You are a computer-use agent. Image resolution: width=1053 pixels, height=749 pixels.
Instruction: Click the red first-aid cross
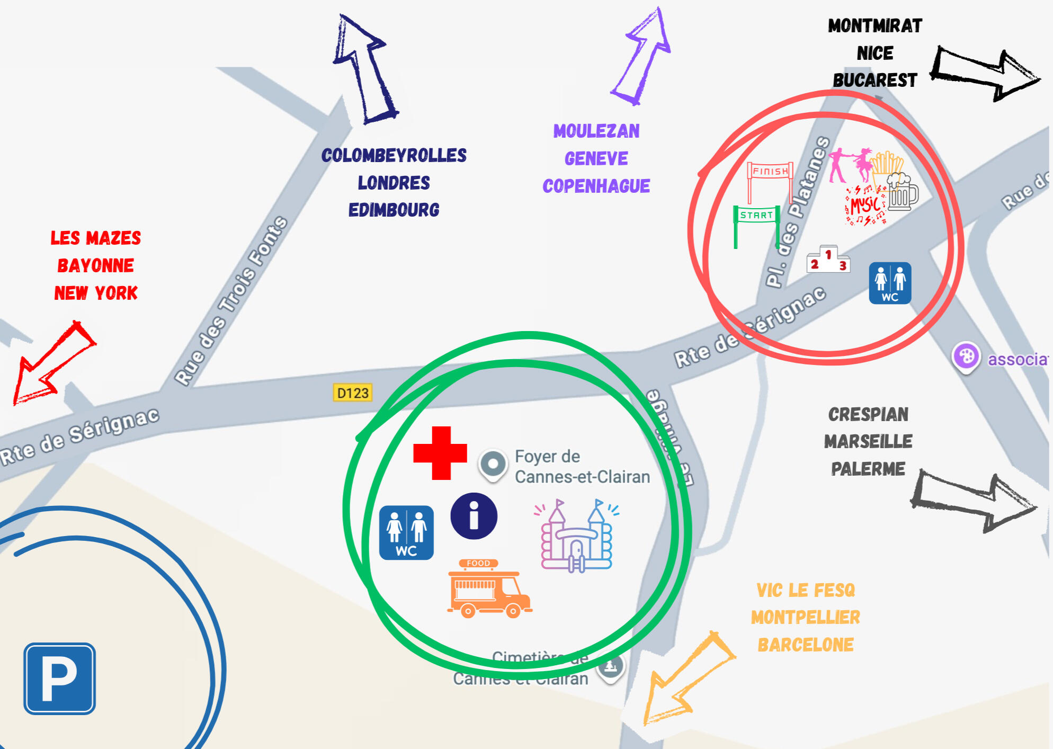pos(440,453)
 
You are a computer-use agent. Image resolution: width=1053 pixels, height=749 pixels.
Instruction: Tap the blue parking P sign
pos(60,679)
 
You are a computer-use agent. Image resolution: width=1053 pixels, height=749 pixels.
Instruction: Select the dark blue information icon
pos(474,516)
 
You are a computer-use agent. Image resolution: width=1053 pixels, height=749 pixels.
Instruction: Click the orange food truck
pos(489,589)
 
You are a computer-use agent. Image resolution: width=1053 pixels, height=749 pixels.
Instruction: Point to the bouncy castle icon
pos(576,536)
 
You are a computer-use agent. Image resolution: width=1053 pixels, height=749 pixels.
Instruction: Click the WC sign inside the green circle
pos(406,532)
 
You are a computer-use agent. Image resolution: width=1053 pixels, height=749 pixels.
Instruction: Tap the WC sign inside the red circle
pos(890,283)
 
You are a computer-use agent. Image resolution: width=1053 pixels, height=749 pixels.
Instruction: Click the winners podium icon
pos(828,260)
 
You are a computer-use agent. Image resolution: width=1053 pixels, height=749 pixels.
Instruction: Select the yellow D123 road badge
pos(353,393)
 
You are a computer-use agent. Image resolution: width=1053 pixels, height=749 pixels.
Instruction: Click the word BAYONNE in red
pos(96,265)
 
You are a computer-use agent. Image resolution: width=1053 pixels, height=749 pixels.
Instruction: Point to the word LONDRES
pos(394,183)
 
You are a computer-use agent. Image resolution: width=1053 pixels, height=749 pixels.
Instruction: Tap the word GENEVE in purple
pos(596,158)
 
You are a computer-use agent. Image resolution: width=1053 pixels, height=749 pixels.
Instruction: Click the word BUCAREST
pos(874,80)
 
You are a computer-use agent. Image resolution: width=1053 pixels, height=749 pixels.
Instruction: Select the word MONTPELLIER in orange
pos(805,617)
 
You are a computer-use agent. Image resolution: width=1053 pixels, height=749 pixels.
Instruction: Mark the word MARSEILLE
pos(868,441)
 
